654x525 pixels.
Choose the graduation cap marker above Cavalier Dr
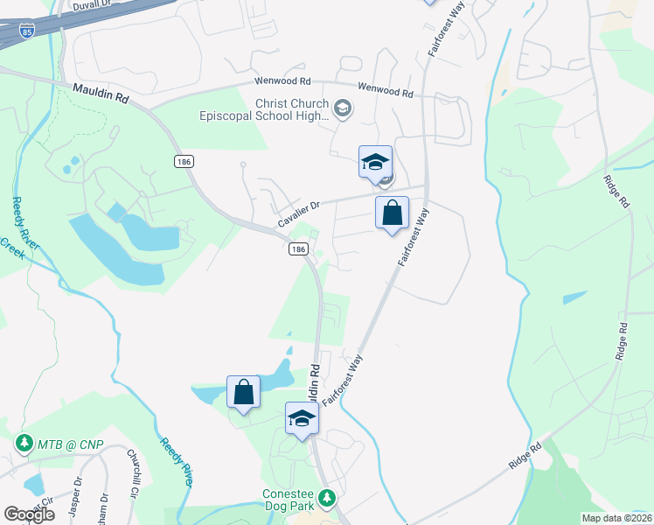375,162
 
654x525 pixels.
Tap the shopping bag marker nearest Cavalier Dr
392,213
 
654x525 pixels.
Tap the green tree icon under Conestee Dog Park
327,498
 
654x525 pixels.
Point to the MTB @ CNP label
70,445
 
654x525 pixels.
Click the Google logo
29,514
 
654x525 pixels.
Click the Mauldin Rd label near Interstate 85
101,94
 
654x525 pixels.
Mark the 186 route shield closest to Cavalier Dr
298,249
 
